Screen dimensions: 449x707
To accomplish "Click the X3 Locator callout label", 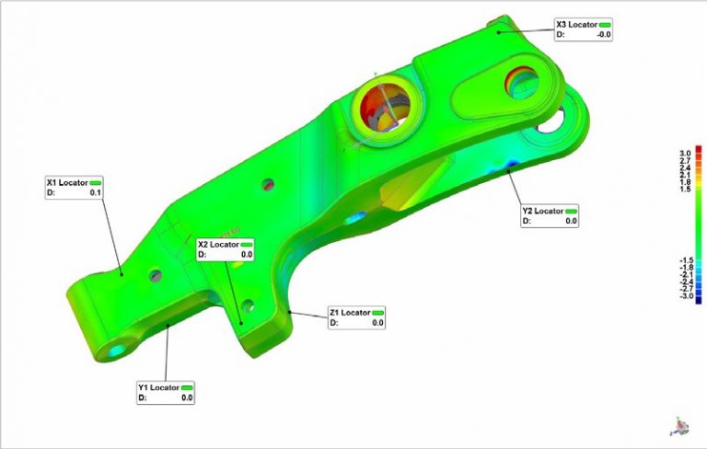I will (x=576, y=24).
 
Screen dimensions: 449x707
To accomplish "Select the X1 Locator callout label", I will (x=66, y=182).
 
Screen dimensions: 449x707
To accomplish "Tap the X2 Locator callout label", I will (x=217, y=245).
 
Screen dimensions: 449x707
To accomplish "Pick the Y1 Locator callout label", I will (x=158, y=387).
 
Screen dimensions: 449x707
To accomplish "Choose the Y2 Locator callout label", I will (x=541, y=211).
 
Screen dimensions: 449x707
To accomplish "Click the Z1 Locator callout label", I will (x=349, y=313).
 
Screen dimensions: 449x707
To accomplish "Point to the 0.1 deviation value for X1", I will (x=96, y=193).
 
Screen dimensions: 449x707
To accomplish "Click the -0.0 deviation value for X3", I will (x=604, y=35).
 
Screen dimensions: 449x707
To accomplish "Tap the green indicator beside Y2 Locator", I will (x=571, y=211).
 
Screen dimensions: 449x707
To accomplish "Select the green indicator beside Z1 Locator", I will (x=377, y=313).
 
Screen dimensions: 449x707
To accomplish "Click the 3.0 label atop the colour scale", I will (x=685, y=152).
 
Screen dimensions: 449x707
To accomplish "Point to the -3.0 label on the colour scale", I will (x=685, y=297).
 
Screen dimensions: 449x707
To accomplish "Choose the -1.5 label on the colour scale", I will (x=685, y=260).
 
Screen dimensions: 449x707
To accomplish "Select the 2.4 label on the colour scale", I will (x=685, y=167).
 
